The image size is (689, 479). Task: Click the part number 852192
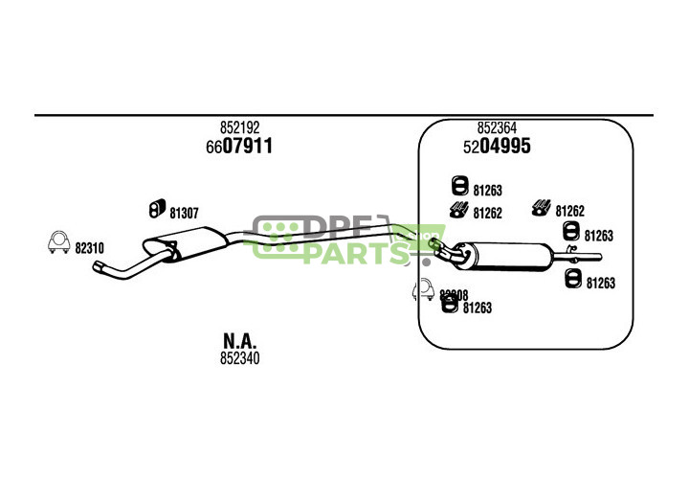point(239,127)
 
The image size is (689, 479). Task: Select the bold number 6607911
point(239,147)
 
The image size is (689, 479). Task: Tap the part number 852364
point(497,127)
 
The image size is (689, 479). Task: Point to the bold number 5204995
point(497,147)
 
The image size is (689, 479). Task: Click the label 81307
point(184,213)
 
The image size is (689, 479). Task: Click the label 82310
point(90,248)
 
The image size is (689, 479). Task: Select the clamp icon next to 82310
point(58,243)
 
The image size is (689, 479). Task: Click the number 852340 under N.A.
point(239,359)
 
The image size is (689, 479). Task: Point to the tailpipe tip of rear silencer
point(597,256)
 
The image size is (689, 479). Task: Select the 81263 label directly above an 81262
point(487,191)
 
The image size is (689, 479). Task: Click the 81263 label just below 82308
point(477,308)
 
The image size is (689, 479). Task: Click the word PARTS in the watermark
point(354,253)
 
